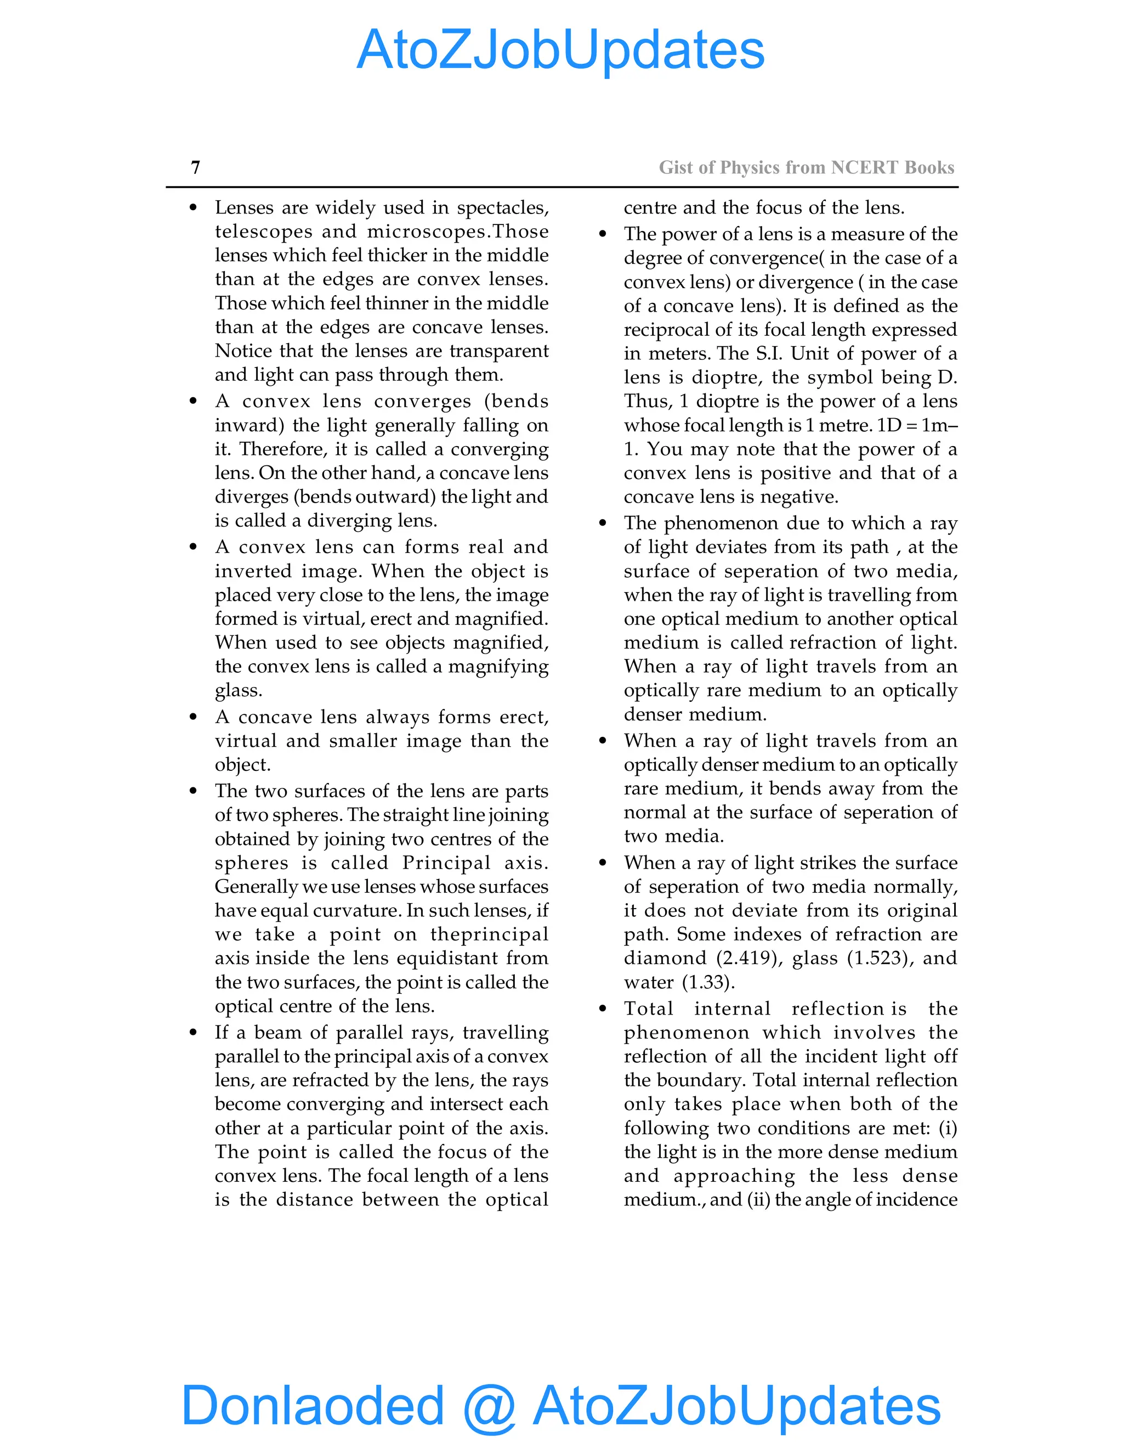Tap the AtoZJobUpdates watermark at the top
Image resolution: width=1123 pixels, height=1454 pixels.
(560, 50)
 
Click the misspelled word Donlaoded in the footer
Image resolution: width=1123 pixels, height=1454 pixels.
(312, 1405)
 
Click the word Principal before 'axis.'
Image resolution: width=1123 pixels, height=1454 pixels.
(446, 863)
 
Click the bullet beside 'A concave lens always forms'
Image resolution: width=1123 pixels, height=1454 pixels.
(193, 717)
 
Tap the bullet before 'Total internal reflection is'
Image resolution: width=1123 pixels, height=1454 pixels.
(603, 1008)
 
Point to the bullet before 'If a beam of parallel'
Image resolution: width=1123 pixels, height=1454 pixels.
(193, 1033)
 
